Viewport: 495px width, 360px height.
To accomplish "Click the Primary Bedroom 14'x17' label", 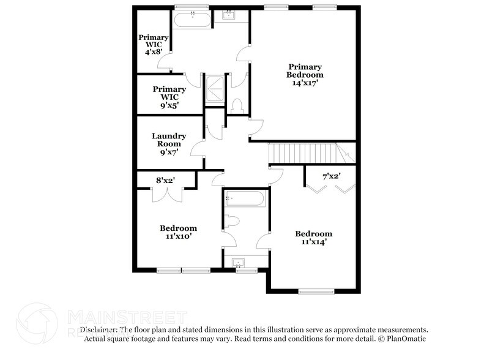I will click(305, 74).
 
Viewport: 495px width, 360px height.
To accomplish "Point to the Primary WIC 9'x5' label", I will click(169, 97).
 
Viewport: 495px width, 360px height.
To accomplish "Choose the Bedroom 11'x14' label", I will click(313, 238).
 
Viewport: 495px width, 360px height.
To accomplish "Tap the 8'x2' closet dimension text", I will click(165, 180).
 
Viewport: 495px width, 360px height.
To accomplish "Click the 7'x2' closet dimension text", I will click(331, 176).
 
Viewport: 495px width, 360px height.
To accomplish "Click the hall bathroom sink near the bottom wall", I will click(239, 263).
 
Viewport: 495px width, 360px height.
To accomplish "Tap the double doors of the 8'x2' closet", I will click(166, 194).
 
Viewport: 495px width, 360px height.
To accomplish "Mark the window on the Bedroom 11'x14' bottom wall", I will click(316, 291).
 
